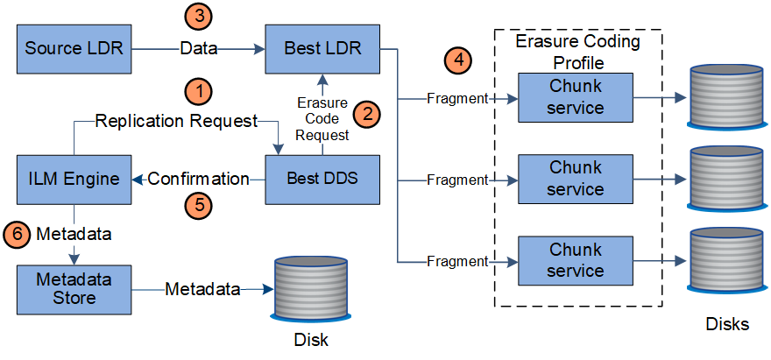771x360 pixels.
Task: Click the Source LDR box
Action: (74, 49)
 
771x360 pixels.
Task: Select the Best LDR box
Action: (322, 49)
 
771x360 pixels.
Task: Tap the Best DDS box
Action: (322, 180)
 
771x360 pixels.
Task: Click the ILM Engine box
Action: (74, 180)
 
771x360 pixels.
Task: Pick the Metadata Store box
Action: (74, 288)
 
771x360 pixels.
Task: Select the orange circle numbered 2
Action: (366, 112)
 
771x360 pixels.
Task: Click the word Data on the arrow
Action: (199, 49)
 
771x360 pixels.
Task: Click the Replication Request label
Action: (176, 120)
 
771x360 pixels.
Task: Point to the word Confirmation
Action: (198, 180)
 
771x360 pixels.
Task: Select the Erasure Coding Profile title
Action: (577, 51)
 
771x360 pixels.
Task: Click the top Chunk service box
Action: (576, 98)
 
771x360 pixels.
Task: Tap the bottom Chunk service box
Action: (576, 261)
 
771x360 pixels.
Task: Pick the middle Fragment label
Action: (456, 180)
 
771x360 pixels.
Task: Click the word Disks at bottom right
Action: (727, 325)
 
